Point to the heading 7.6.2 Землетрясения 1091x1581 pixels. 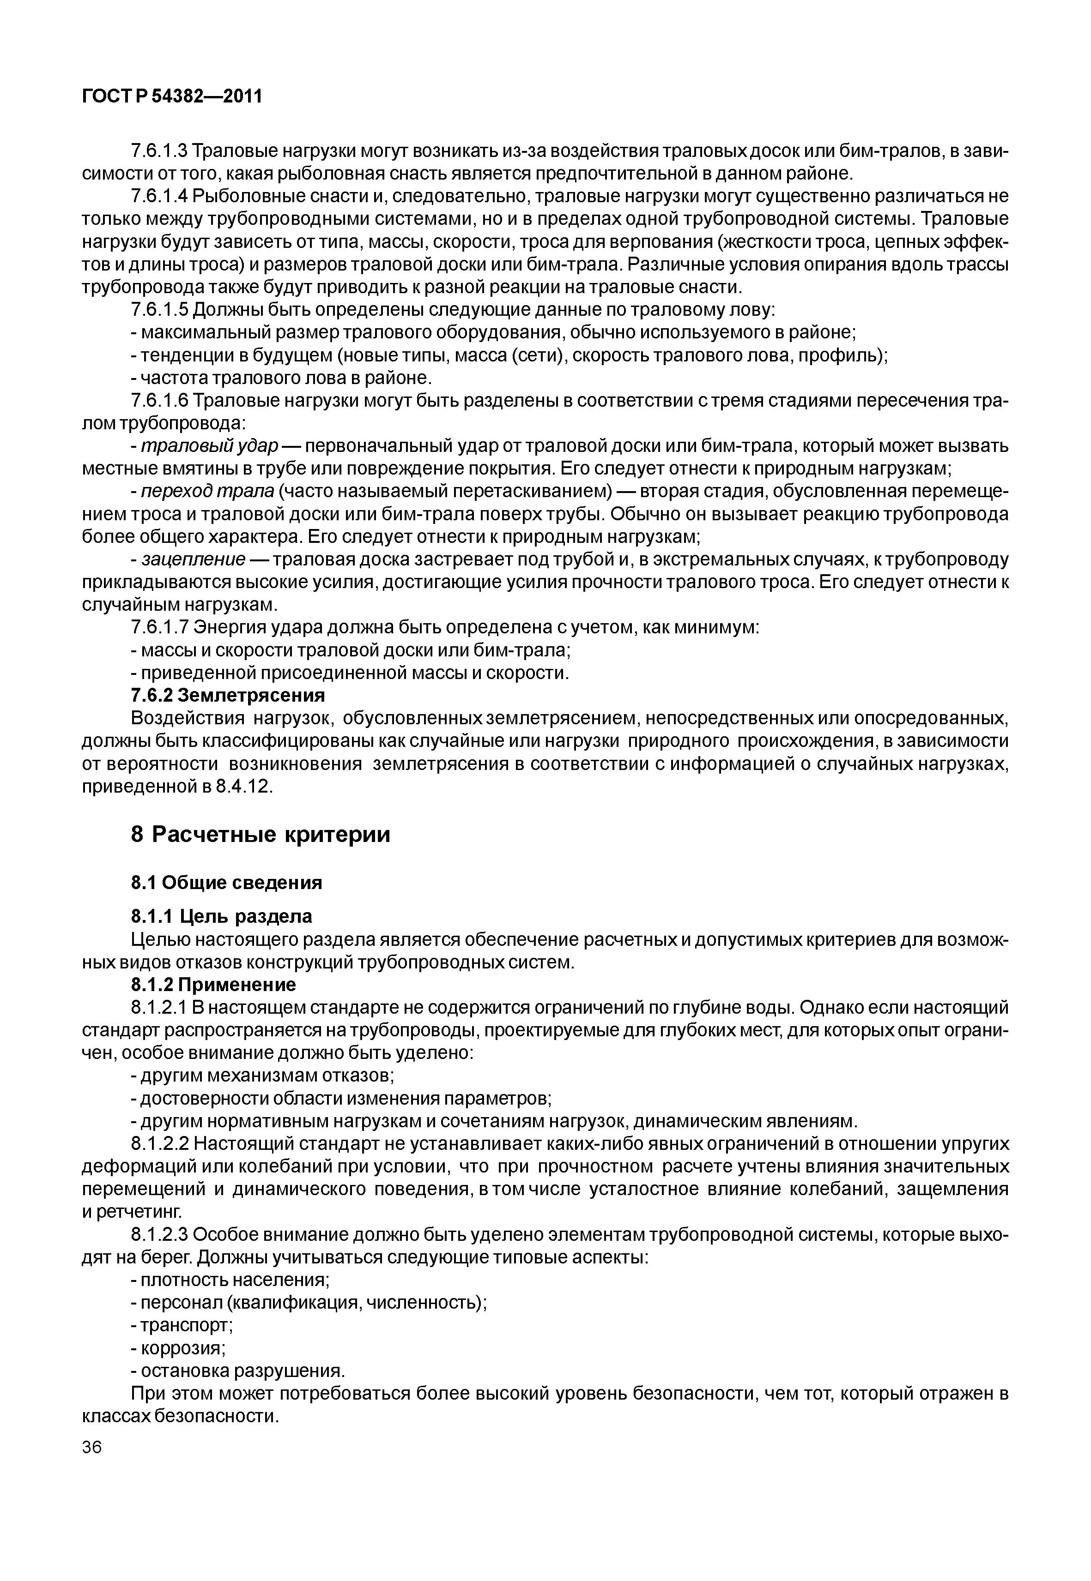pos(228,696)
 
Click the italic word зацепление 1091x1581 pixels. pos(194,559)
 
